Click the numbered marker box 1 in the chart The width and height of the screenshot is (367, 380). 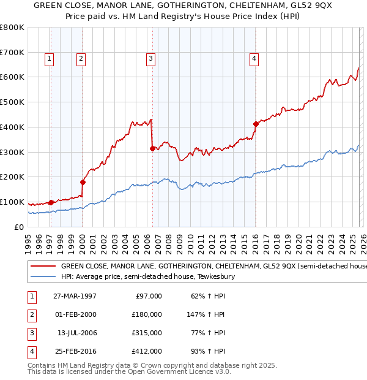49,59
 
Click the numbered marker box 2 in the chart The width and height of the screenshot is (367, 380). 81,59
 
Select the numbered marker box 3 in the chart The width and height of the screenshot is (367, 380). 150,59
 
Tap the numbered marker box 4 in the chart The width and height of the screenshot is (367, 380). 254,59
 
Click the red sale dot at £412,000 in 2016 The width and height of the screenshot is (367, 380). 256,124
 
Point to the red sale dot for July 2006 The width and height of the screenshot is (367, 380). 152,148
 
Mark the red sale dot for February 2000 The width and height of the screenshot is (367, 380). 83,182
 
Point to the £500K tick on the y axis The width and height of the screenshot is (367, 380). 12,102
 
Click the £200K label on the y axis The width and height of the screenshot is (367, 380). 12,177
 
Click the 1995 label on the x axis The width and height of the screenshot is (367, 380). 28,241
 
